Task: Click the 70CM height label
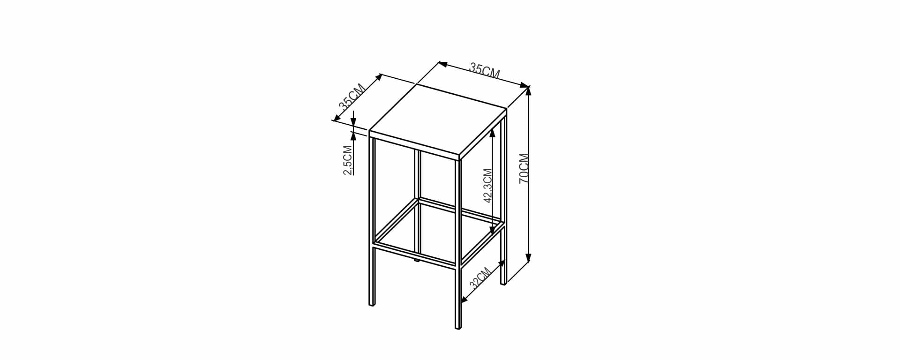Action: [524, 168]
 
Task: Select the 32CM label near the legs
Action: [480, 277]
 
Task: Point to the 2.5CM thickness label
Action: [348, 160]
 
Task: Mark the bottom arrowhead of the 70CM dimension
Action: [528, 257]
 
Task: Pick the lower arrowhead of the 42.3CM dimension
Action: [492, 230]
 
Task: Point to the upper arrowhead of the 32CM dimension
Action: [502, 264]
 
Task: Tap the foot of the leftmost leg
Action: [372, 304]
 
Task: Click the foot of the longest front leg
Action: [458, 327]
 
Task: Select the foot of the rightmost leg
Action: [503, 283]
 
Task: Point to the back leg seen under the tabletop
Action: [418, 206]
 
